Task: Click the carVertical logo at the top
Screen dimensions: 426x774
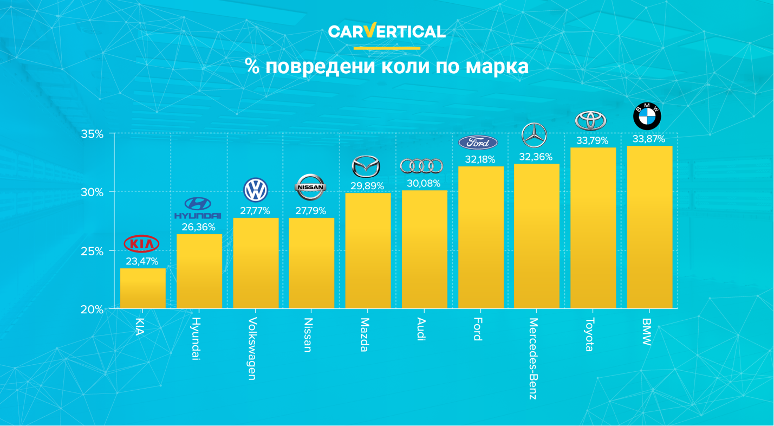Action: (387, 31)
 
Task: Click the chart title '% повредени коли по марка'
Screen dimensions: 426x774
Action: (387, 67)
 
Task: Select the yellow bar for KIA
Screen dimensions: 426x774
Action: (142, 288)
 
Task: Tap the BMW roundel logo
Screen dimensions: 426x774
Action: (647, 116)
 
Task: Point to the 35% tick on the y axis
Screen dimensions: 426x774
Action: (92, 134)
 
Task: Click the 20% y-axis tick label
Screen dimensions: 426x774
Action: (92, 309)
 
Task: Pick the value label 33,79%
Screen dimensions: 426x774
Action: (591, 141)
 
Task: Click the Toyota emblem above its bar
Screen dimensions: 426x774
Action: (590, 121)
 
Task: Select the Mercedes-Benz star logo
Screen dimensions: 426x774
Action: (534, 135)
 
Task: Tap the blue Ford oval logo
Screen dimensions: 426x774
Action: (478, 143)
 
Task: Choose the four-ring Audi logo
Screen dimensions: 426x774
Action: (421, 166)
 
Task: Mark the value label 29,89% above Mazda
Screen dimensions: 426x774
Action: (367, 186)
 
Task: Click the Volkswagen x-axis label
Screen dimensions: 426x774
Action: (252, 348)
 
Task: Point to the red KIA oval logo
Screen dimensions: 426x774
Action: (142, 244)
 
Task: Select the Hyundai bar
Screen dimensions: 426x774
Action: (199, 271)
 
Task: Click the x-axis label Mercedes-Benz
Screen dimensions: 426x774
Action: (534, 359)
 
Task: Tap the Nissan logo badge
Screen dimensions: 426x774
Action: (310, 188)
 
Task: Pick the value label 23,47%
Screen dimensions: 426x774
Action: (142, 261)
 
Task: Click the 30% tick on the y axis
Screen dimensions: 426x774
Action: (92, 192)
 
